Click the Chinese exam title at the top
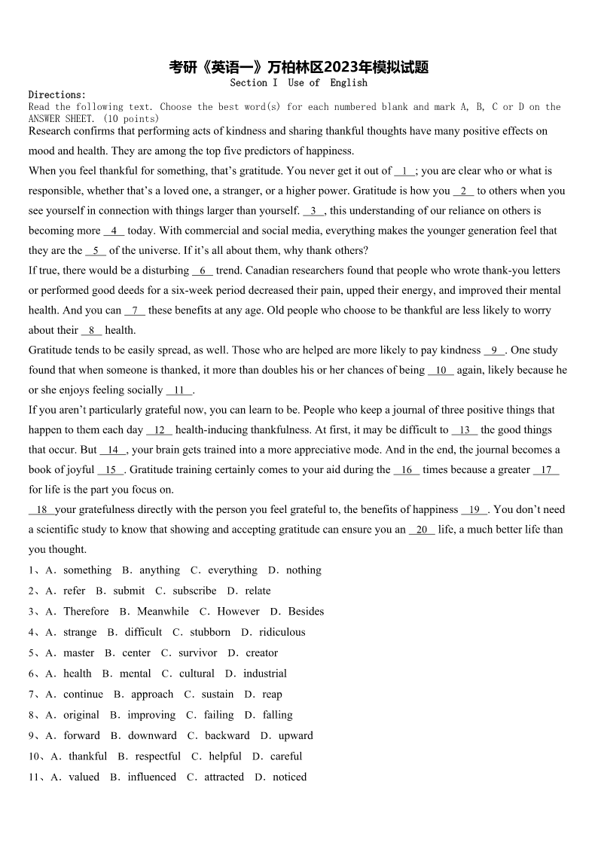tap(299, 68)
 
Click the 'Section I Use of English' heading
tap(298, 83)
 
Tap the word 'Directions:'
tap(57, 95)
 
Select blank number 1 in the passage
tap(404, 172)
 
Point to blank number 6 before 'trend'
tap(203, 270)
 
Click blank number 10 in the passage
tap(441, 370)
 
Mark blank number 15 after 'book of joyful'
tap(111, 470)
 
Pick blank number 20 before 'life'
tap(422, 530)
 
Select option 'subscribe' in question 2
tap(194, 591)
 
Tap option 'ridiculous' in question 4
tap(282, 633)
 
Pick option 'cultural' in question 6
tap(197, 674)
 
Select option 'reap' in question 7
tap(273, 695)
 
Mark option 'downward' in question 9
tap(152, 736)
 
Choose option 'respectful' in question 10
tap(158, 756)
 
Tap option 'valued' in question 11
tap(84, 777)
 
